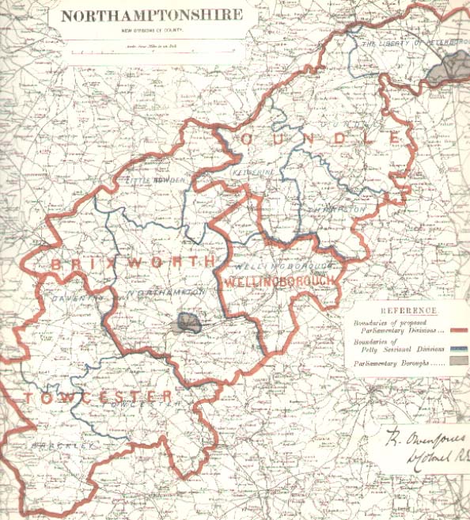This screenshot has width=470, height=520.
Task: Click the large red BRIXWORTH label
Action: (134, 262)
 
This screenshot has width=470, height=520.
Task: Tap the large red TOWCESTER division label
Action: (99, 396)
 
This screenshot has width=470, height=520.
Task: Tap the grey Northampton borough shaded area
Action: (188, 322)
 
